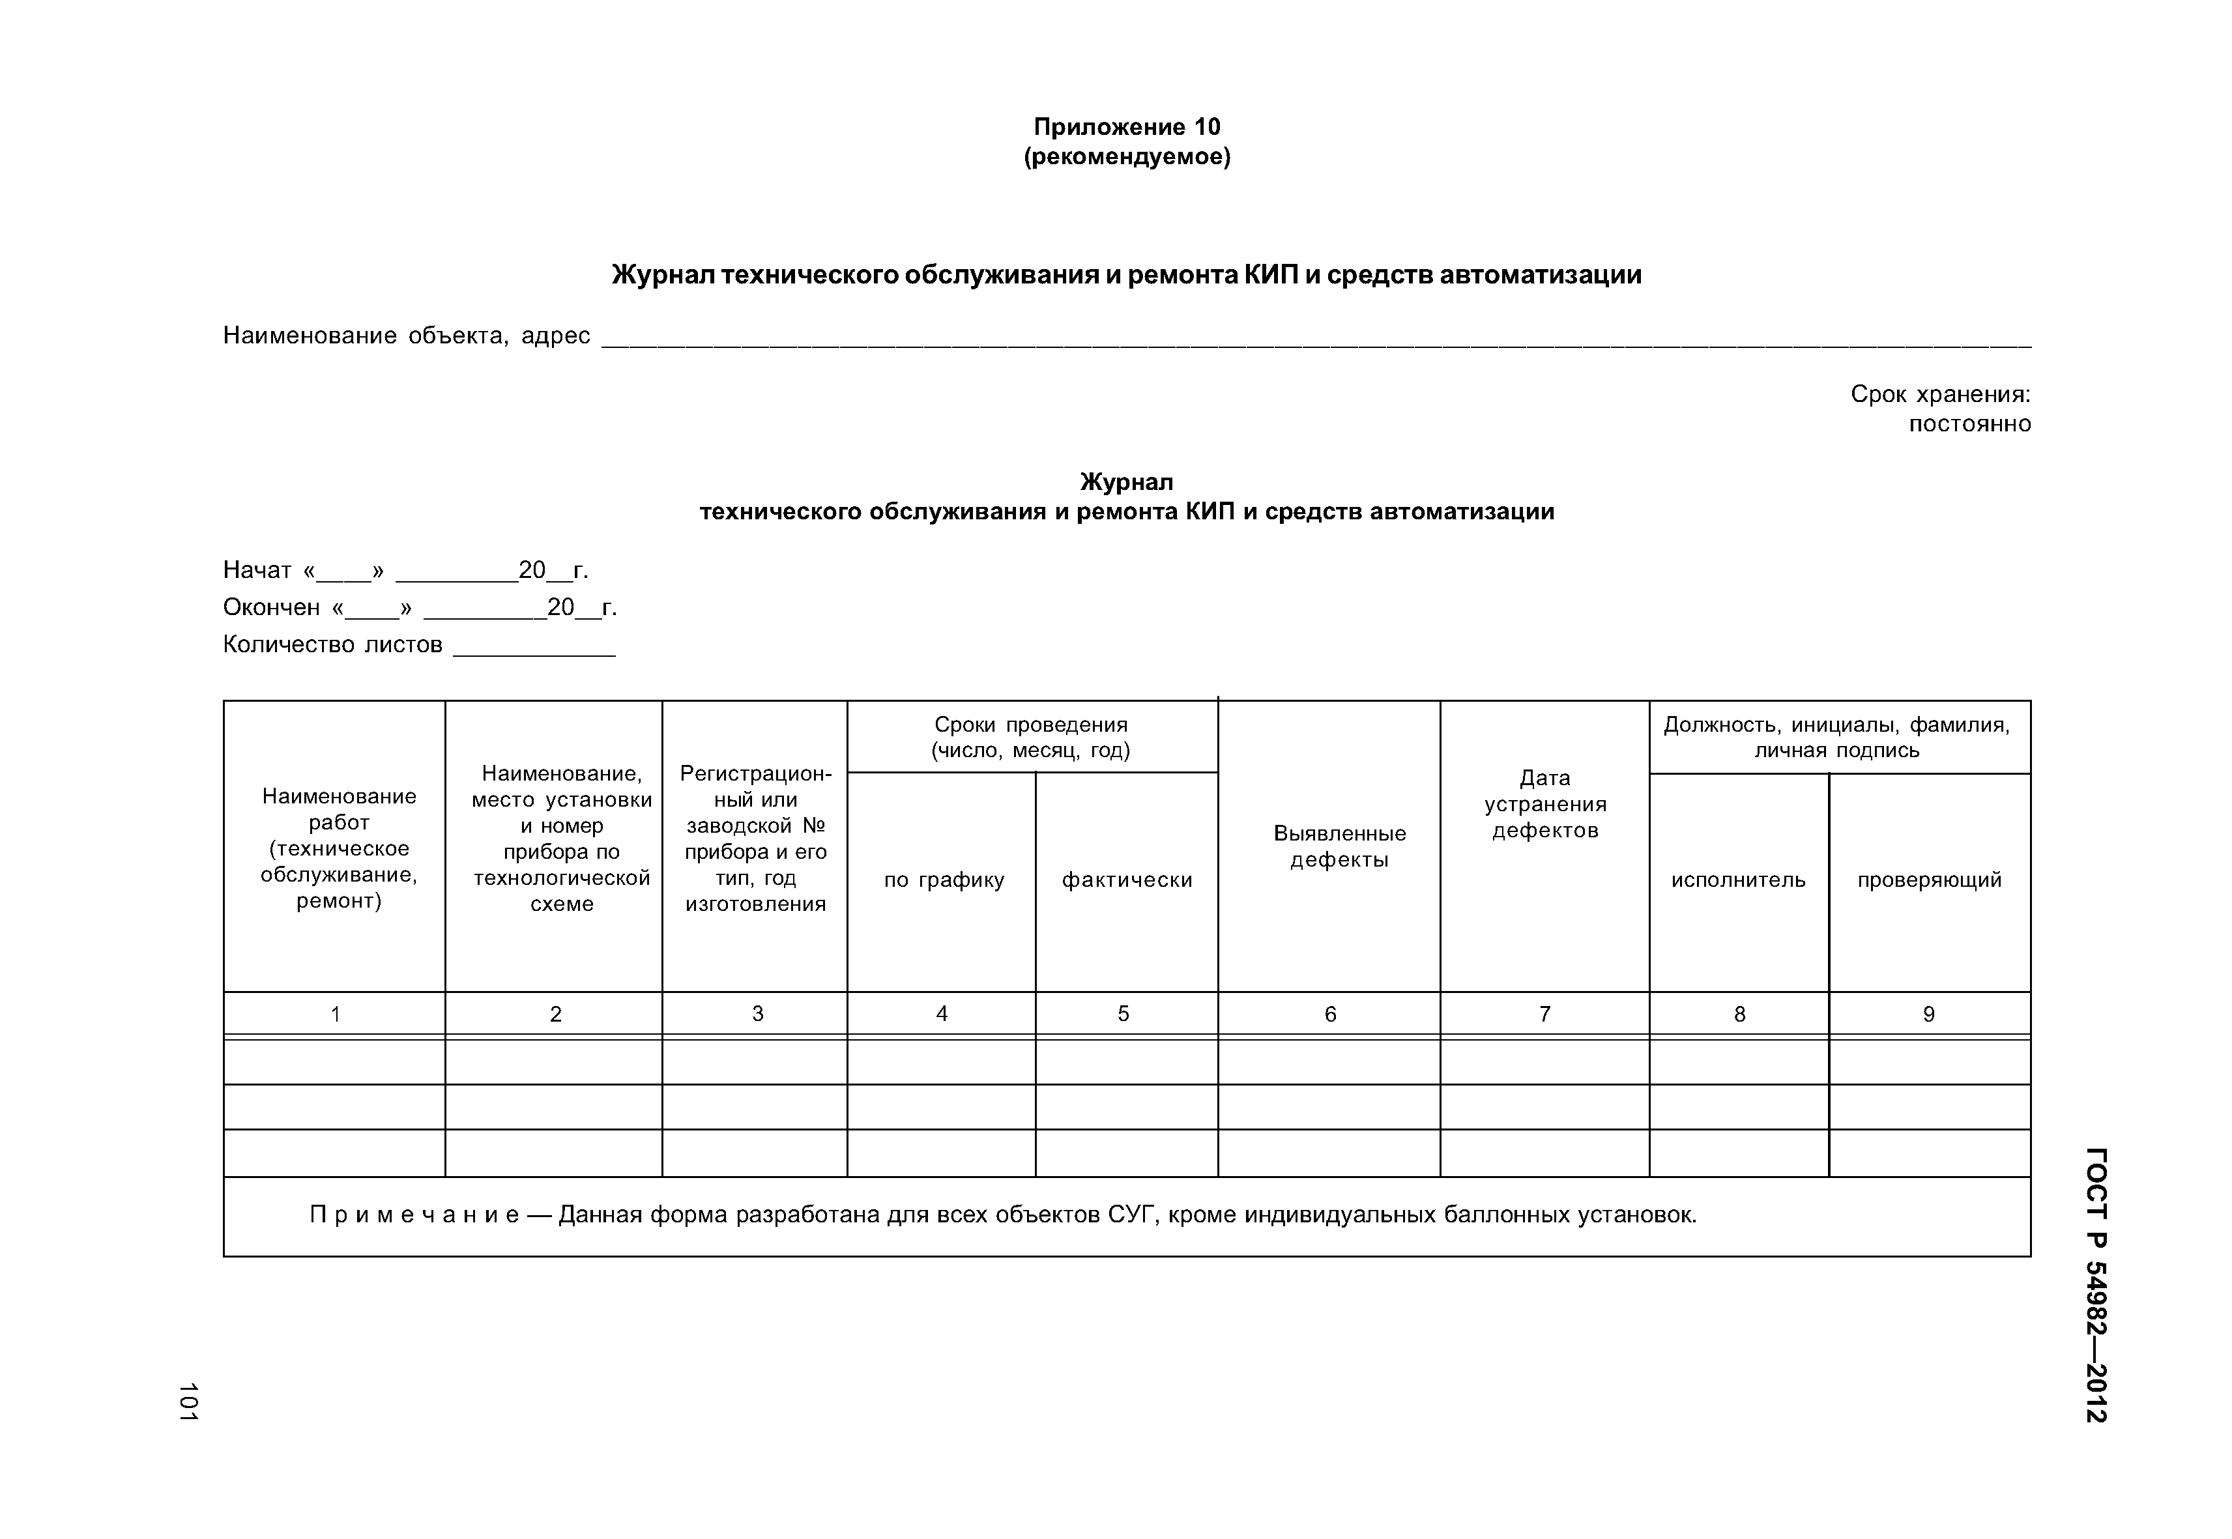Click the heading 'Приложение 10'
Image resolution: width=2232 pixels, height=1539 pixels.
pyautogui.click(x=1127, y=127)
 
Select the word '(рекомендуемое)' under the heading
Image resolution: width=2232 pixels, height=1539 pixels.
pyautogui.click(x=1127, y=156)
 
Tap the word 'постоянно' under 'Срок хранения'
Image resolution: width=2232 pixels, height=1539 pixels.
pyautogui.click(x=1969, y=424)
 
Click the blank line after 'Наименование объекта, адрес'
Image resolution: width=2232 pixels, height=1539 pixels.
pyautogui.click(x=1316, y=339)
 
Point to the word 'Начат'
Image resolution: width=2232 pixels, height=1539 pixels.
pyautogui.click(x=257, y=571)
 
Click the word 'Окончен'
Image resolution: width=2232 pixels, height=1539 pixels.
pyautogui.click(x=271, y=607)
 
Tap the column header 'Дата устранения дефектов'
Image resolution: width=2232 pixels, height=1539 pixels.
pyautogui.click(x=1544, y=803)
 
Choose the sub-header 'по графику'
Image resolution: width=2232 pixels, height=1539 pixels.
pyautogui.click(x=944, y=880)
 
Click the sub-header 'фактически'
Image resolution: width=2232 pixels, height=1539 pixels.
pyautogui.click(x=1127, y=880)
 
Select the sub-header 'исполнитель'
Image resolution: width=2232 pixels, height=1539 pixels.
pyautogui.click(x=1738, y=880)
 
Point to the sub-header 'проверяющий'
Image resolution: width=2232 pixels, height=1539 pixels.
pyautogui.click(x=1929, y=880)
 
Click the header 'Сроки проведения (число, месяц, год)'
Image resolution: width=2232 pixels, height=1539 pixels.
pyautogui.click(x=1030, y=737)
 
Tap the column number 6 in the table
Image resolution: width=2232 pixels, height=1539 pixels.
pyautogui.click(x=1330, y=1013)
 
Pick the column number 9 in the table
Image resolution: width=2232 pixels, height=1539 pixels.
pyautogui.click(x=1928, y=1013)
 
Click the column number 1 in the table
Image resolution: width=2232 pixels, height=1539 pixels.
pyautogui.click(x=335, y=1013)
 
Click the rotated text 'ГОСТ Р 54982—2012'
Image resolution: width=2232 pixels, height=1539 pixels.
pyautogui.click(x=2095, y=1284)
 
